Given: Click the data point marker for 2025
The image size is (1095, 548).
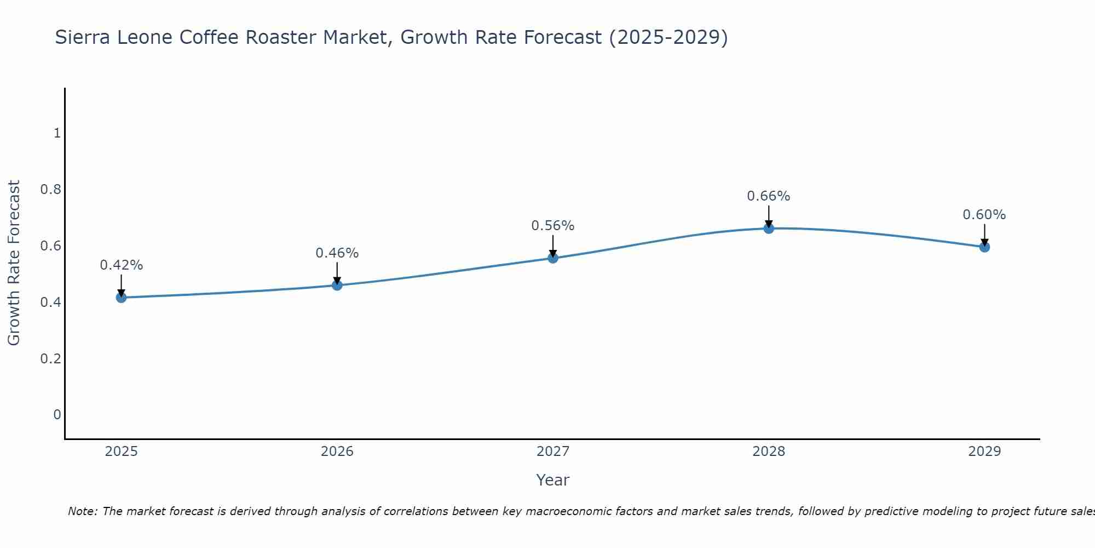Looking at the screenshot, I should click(121, 298).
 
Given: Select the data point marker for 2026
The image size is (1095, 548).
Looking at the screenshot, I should click(337, 285).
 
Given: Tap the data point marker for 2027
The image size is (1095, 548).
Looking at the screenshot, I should click(553, 258).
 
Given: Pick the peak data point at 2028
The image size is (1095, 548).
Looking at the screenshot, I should click(769, 229).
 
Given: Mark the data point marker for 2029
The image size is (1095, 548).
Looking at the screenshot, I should click(984, 247).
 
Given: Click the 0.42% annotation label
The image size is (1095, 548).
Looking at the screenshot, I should click(121, 265).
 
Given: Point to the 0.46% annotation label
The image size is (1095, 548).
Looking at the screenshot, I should click(337, 253).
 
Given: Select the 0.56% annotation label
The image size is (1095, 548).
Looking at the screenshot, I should click(553, 226).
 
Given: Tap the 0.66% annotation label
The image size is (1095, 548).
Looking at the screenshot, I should click(769, 196).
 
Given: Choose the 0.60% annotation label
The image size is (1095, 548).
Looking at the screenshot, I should click(984, 215).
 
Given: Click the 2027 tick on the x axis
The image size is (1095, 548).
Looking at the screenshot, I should click(553, 452).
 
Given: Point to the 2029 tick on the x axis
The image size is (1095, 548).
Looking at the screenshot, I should click(984, 452).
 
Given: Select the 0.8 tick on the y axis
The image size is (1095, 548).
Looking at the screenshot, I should click(50, 190).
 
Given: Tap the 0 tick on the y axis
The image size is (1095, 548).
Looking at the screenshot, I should click(57, 414).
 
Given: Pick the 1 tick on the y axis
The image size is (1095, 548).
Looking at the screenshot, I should click(57, 133).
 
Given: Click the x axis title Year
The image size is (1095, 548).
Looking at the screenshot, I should click(553, 480).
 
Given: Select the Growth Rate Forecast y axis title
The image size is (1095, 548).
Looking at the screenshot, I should click(14, 263).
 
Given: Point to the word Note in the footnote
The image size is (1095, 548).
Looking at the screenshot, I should click(82, 511).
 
